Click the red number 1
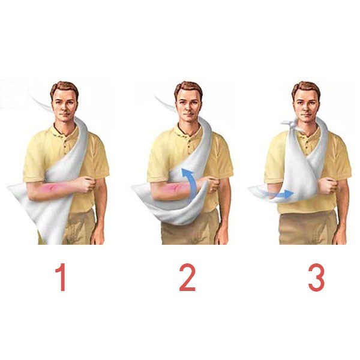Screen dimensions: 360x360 click(61, 277)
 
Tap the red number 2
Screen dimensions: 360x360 click(187, 277)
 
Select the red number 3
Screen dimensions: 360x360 click(316, 277)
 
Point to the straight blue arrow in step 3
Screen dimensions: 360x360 click(279, 194)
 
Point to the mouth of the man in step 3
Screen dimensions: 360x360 click(305, 114)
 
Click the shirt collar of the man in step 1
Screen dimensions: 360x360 click(63, 131)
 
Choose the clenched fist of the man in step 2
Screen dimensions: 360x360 click(212, 184)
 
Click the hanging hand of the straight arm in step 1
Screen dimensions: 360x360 click(97, 236)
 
